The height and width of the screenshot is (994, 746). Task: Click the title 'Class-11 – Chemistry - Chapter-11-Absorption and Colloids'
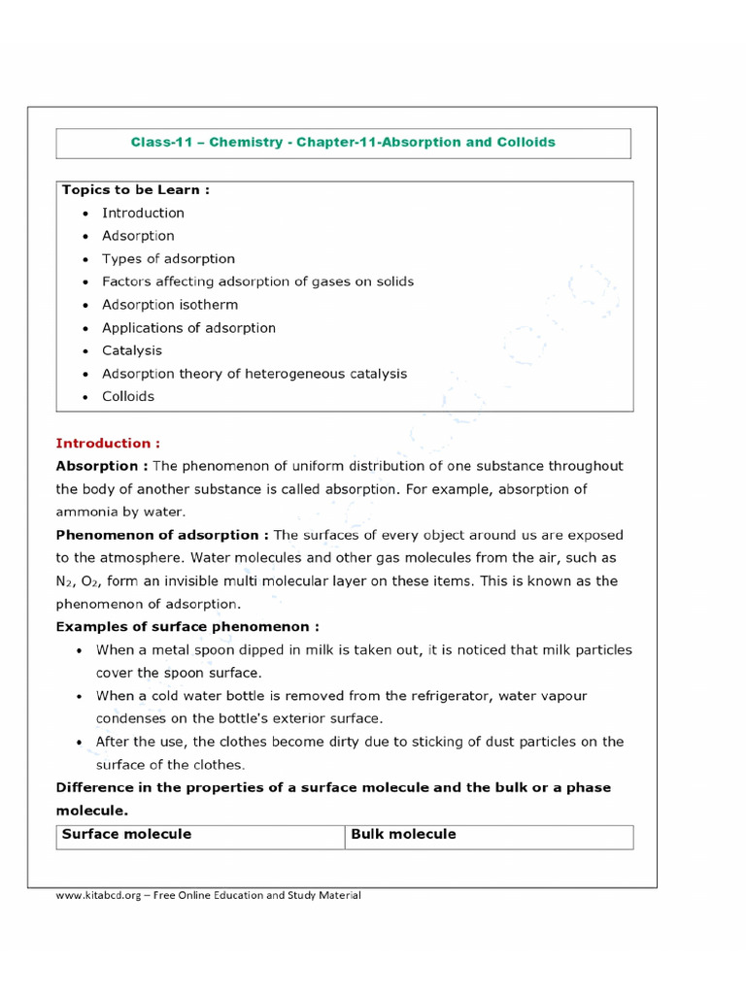click(343, 143)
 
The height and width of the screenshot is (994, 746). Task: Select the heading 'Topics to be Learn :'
click(136, 190)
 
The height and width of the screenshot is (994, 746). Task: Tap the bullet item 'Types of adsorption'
click(168, 259)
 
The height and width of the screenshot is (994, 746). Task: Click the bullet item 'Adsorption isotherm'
click(170, 305)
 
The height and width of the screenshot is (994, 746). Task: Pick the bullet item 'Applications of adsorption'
click(188, 328)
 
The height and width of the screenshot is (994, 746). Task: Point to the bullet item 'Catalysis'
click(132, 350)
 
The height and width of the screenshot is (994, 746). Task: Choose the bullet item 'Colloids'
click(128, 396)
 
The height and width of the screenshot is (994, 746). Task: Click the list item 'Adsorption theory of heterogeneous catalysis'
click(254, 374)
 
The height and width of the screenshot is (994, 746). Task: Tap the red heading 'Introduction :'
click(108, 443)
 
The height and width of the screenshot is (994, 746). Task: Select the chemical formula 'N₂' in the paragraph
click(64, 581)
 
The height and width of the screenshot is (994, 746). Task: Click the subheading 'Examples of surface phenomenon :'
click(187, 627)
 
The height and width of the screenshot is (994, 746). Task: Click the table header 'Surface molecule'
click(127, 835)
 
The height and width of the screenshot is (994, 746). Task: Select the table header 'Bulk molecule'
click(403, 835)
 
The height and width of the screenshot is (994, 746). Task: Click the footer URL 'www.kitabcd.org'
click(95, 895)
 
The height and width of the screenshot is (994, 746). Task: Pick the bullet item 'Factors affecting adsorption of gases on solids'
click(257, 282)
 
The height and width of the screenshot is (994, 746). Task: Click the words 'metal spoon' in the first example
click(180, 650)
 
